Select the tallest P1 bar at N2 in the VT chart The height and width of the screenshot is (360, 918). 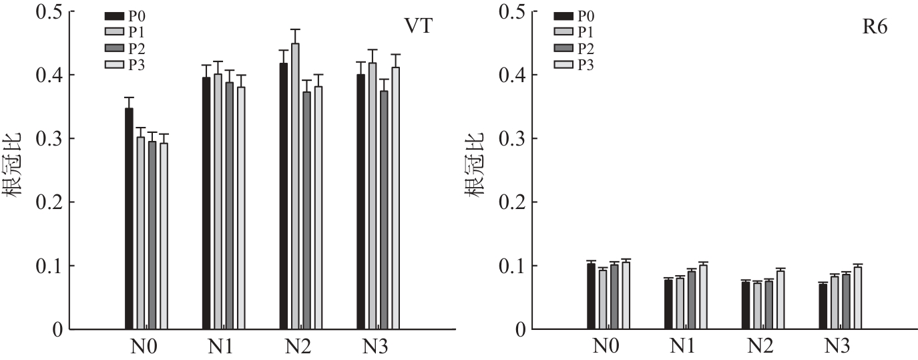pos(295,186)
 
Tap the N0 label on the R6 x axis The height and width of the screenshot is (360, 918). pos(606,347)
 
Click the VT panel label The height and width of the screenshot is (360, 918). pos(418,27)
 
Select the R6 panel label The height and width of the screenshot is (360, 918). pos(875,29)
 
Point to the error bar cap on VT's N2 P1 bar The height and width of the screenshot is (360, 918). pos(295,29)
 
